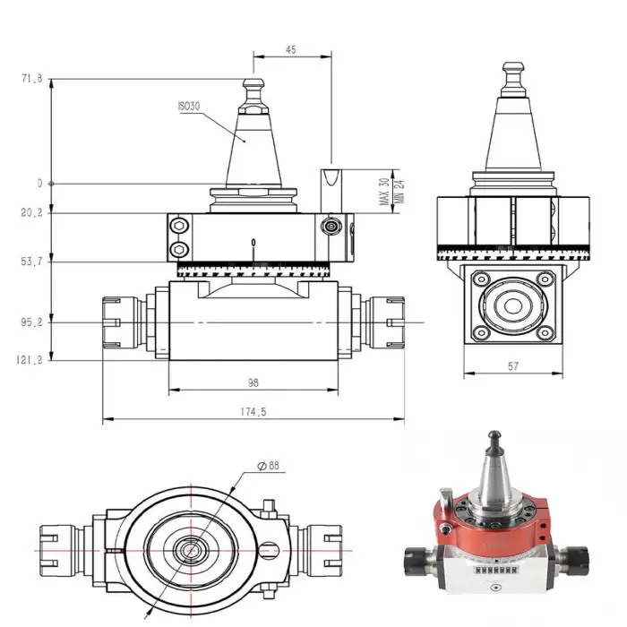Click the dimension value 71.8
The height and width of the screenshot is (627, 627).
pyautogui.click(x=31, y=79)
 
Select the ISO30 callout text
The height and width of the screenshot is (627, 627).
pyautogui.click(x=189, y=106)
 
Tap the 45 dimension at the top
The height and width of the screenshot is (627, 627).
pyautogui.click(x=291, y=50)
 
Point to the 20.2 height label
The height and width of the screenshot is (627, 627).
pyautogui.click(x=31, y=213)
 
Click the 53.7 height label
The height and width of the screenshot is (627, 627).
pyautogui.click(x=31, y=262)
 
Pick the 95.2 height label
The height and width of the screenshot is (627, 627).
pyautogui.click(x=31, y=322)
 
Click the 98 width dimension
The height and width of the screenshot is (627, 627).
pyautogui.click(x=253, y=382)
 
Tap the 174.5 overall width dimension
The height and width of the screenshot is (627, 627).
pyautogui.click(x=253, y=412)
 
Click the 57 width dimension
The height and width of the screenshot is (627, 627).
pyautogui.click(x=512, y=366)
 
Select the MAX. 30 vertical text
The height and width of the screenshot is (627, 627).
pyautogui.click(x=383, y=193)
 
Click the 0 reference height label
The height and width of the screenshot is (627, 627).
pyautogui.click(x=39, y=184)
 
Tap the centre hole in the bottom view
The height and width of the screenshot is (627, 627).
pyautogui.click(x=189, y=548)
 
